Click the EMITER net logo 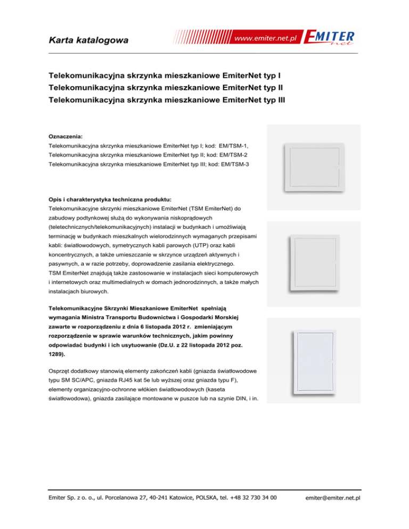click(331, 38)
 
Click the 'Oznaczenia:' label click(66, 136)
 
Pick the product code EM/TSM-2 click(233, 155)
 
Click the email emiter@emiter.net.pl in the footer click(334, 498)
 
